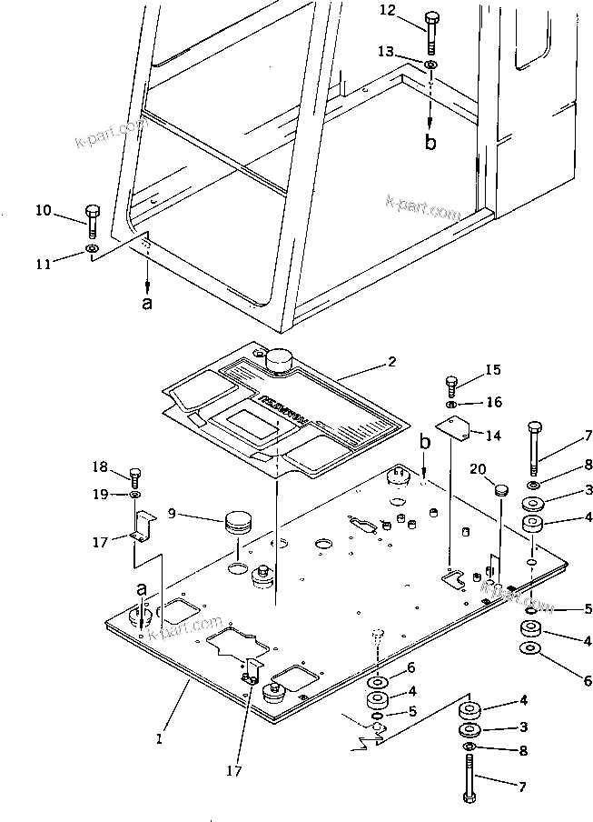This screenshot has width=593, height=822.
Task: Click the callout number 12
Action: pyautogui.click(x=387, y=10)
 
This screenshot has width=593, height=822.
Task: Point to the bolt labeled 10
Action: pyautogui.click(x=92, y=219)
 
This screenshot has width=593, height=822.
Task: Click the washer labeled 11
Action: pyautogui.click(x=92, y=248)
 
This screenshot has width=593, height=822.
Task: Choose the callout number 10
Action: pyautogui.click(x=44, y=211)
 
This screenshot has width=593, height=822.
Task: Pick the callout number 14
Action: pyautogui.click(x=492, y=436)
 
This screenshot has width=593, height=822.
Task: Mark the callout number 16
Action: pyautogui.click(x=492, y=401)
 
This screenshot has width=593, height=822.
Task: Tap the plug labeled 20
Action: pyautogui.click(x=500, y=491)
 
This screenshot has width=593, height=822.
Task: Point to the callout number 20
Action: pyautogui.click(x=477, y=468)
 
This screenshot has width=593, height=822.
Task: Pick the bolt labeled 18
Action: pyautogui.click(x=135, y=475)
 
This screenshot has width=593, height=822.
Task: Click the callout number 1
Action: pyautogui.click(x=160, y=740)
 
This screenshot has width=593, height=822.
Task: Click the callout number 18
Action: pyautogui.click(x=99, y=467)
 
